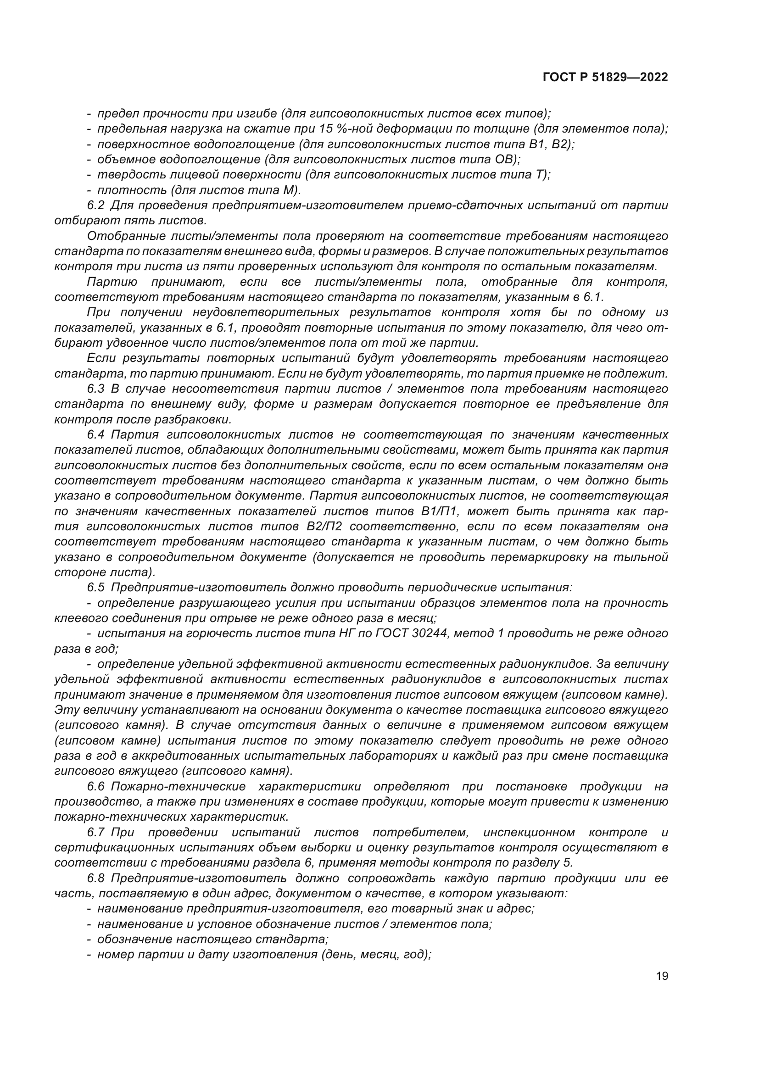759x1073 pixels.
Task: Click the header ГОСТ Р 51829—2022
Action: pyautogui.click(x=605, y=78)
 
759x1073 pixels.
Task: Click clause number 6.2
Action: pyautogui.click(x=95, y=205)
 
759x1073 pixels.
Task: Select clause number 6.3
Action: pyautogui.click(x=95, y=389)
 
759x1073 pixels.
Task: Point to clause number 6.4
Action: pyautogui.click(x=95, y=434)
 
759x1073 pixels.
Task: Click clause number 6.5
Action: pyautogui.click(x=95, y=587)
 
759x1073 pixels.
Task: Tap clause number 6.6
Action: pyautogui.click(x=95, y=787)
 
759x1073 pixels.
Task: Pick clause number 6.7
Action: pyautogui.click(x=95, y=832)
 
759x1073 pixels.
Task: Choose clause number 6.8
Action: pyautogui.click(x=95, y=878)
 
